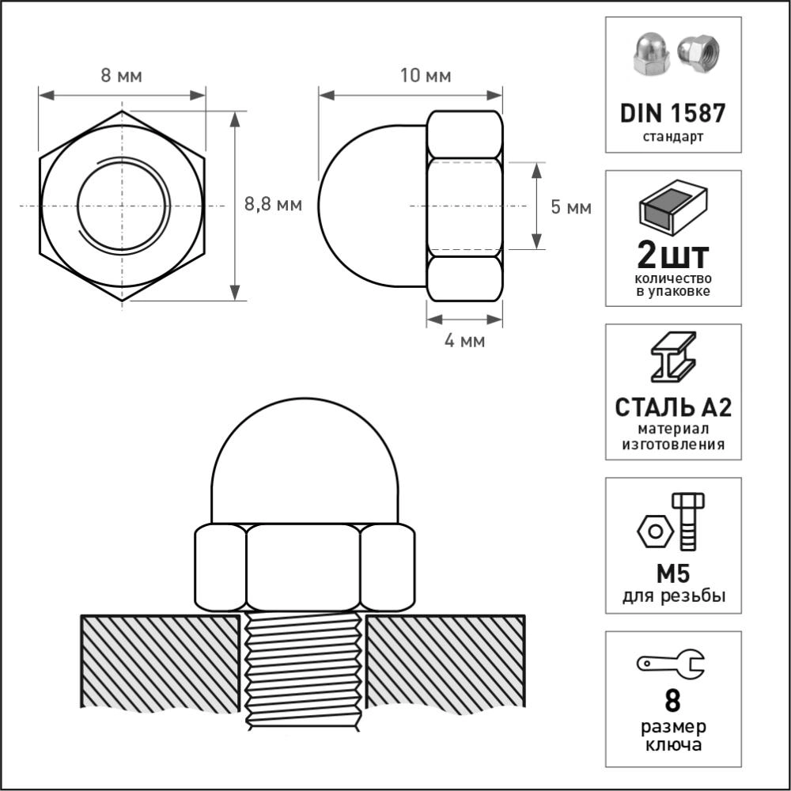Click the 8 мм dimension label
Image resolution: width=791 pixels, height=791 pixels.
click(121, 76)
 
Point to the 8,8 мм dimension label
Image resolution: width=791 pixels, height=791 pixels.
click(273, 204)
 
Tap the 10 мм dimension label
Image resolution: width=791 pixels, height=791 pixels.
click(426, 76)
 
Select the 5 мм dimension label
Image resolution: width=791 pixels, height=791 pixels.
click(571, 206)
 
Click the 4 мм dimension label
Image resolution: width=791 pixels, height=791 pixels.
click(464, 340)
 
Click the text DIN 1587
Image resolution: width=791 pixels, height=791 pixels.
click(672, 113)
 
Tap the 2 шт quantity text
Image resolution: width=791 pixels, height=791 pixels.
click(673, 255)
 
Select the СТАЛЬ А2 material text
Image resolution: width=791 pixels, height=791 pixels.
click(673, 407)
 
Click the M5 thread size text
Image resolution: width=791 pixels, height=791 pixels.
click(673, 573)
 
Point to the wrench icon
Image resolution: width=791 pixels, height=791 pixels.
click(671, 663)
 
